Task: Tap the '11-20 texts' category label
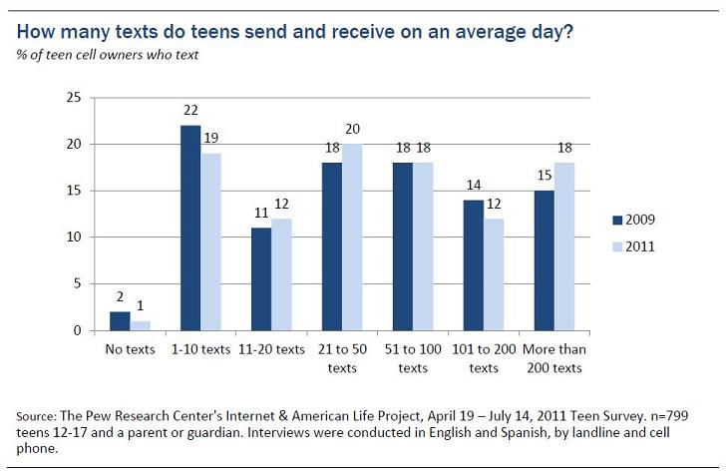[271, 350]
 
